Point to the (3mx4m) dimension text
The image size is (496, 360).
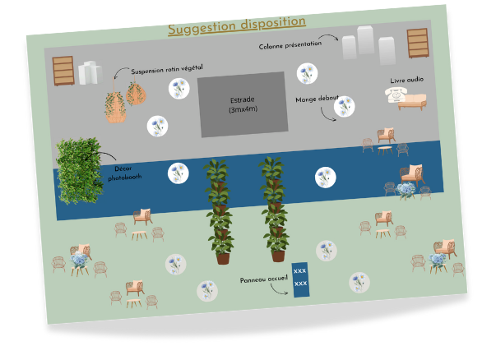coord(243,109)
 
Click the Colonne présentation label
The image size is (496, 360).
coord(290,44)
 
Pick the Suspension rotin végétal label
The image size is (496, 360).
coord(166,70)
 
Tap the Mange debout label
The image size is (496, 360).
coord(318,99)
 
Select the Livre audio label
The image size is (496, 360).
coord(406,81)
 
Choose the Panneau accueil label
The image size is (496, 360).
coord(263,279)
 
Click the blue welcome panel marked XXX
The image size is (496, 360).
coord(300,277)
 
